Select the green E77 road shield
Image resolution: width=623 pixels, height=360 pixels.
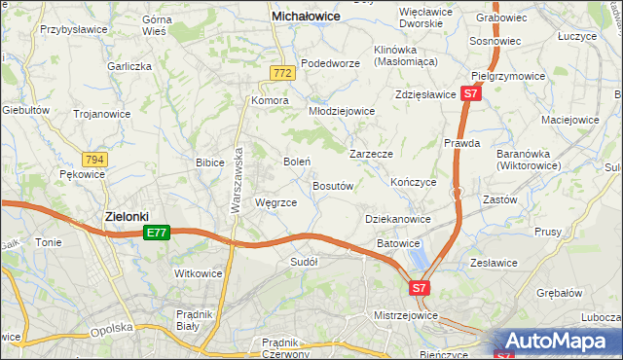coord(157,233)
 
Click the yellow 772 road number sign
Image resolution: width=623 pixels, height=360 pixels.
coord(282,73)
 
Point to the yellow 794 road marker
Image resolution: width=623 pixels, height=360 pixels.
coord(94,159)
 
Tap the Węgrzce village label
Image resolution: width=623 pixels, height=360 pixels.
coord(275,202)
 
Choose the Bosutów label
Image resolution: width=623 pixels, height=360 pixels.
coord(332,185)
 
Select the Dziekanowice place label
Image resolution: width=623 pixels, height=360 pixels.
coord(397,220)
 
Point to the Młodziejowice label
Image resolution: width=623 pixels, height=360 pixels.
coord(342,111)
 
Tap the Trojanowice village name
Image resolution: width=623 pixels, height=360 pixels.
coord(102,114)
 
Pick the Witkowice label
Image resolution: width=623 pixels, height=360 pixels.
coord(199,273)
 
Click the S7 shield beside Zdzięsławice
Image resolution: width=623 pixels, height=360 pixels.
coord(471,94)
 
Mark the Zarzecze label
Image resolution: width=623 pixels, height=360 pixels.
coord(371,154)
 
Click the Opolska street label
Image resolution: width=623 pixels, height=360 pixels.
coord(111,328)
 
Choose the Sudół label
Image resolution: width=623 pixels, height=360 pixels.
coord(305,261)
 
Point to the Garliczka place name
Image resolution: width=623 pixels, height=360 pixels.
coord(130,66)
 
